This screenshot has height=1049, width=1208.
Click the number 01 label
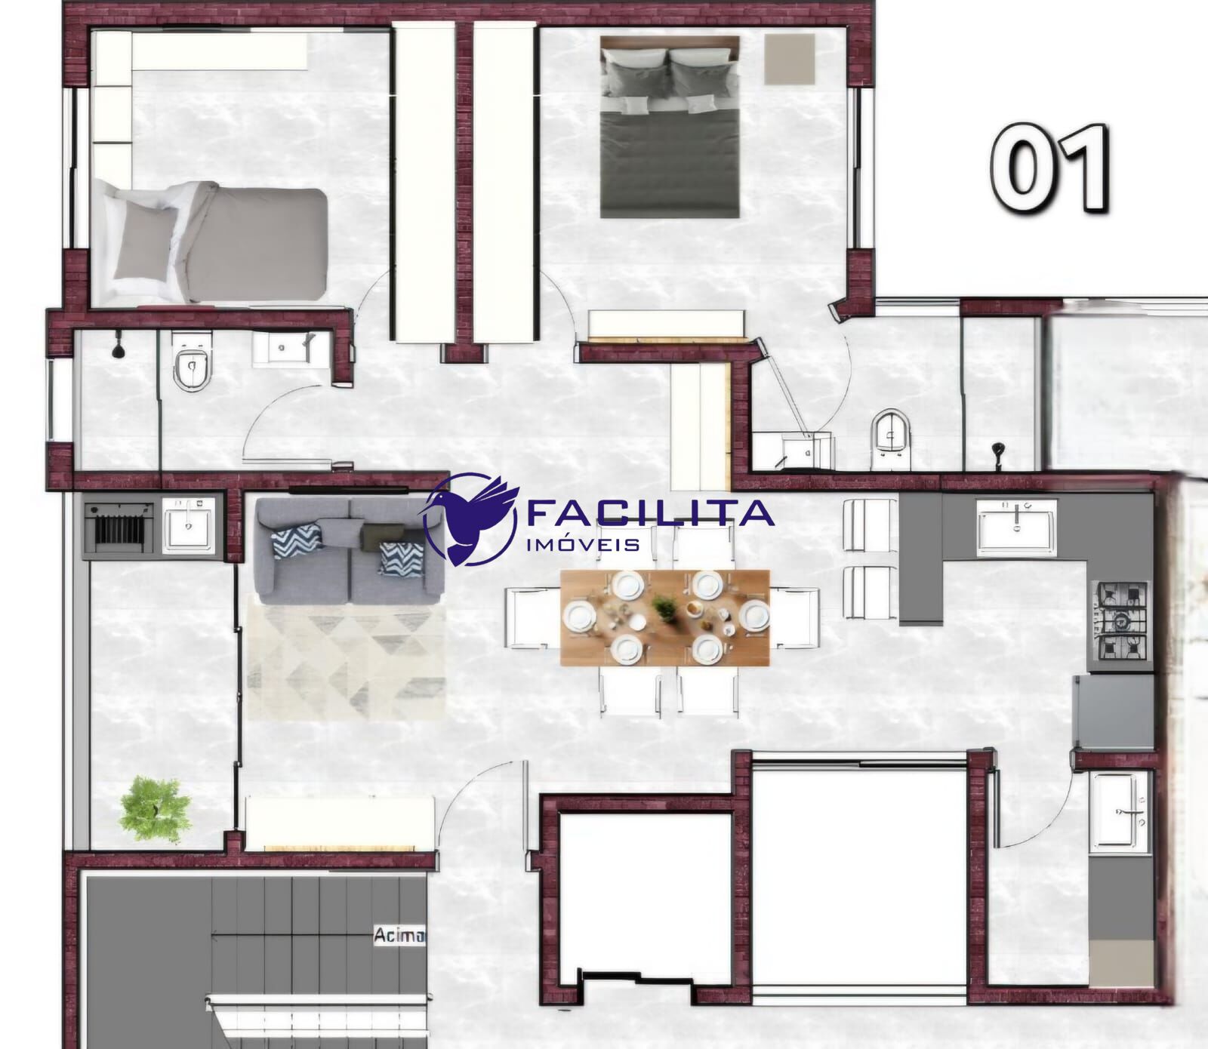pyautogui.click(x=1050, y=168)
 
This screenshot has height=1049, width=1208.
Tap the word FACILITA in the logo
pyautogui.click(x=649, y=513)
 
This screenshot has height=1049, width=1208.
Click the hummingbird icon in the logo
pyautogui.click(x=472, y=519)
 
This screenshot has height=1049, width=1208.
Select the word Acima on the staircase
pyautogui.click(x=399, y=936)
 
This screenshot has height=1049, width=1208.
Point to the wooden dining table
pyautogui.click(x=664, y=617)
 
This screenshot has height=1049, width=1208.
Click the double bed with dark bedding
pyautogui.click(x=670, y=127)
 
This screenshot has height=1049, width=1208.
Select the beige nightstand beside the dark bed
pyautogui.click(x=790, y=59)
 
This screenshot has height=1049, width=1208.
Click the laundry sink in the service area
pyautogui.click(x=1120, y=811)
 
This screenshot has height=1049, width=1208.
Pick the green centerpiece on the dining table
pyautogui.click(x=665, y=607)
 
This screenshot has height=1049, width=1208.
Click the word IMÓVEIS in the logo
pyautogui.click(x=583, y=544)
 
